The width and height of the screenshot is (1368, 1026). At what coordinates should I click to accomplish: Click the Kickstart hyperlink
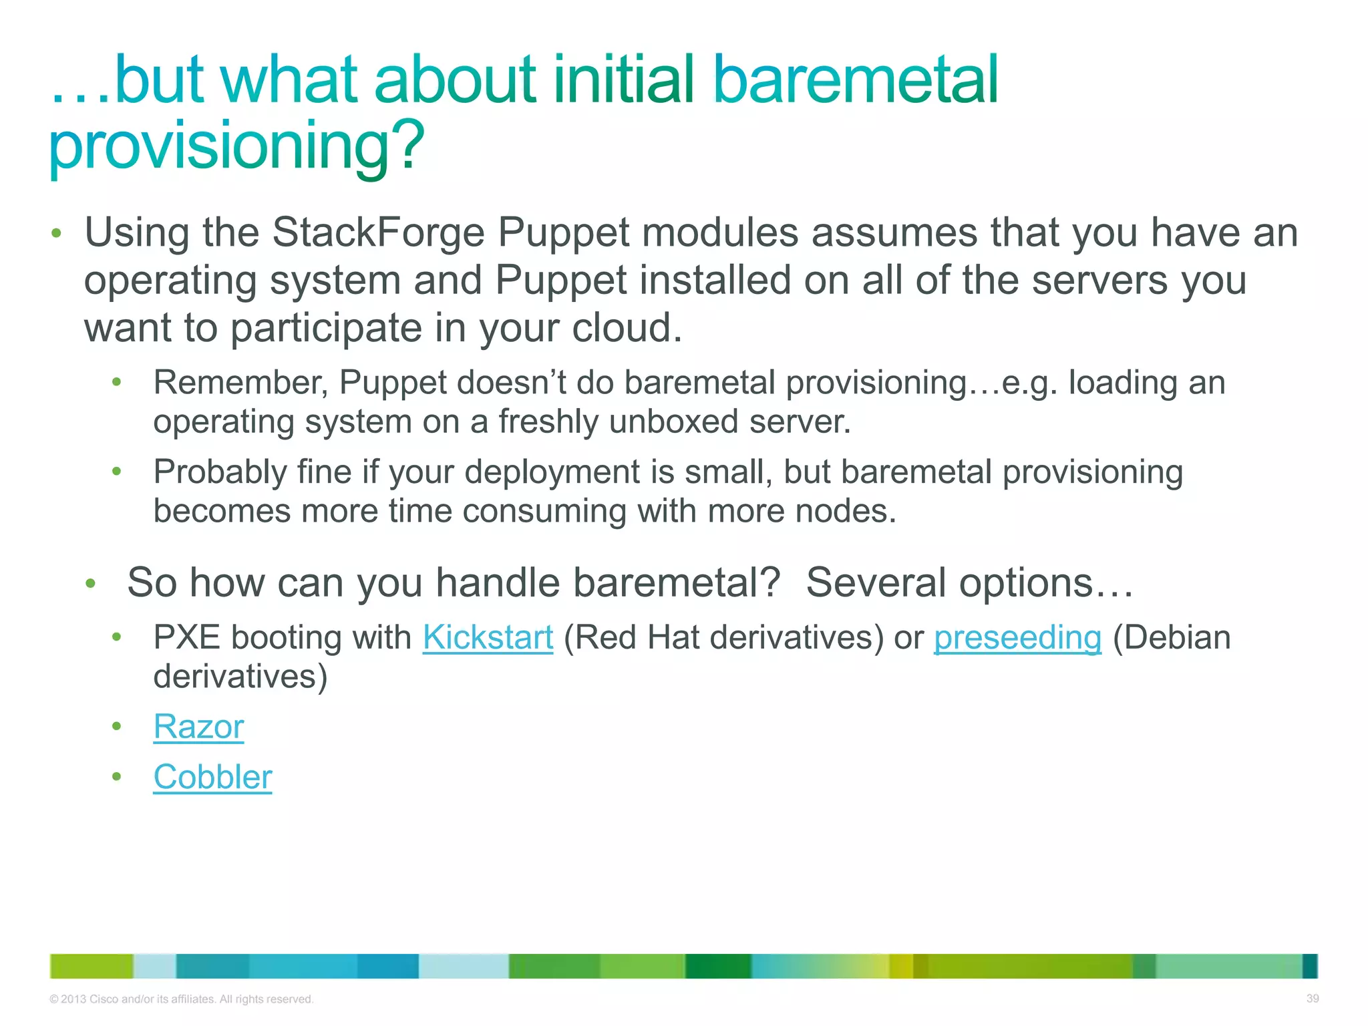pyautogui.click(x=488, y=637)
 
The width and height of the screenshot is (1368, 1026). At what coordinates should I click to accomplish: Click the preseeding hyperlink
pyautogui.click(x=1017, y=637)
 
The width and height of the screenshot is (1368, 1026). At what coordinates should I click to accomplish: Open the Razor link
pyautogui.click(x=198, y=727)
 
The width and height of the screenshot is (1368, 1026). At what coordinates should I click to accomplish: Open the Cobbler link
pyautogui.click(x=212, y=777)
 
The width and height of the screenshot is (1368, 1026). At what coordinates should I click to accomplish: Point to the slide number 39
pyautogui.click(x=1312, y=999)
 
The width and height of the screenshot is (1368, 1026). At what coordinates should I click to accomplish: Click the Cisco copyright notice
pyautogui.click(x=181, y=999)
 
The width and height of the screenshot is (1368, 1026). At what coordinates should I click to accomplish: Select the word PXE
pyautogui.click(x=186, y=637)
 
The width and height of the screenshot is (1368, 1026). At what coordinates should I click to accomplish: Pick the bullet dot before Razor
pyautogui.click(x=117, y=726)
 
